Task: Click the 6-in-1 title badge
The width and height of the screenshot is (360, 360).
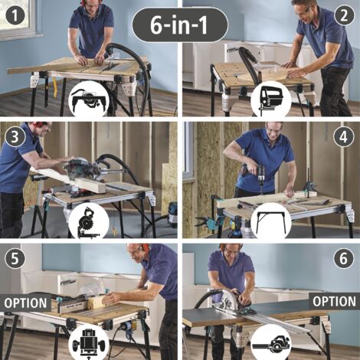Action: tap(180, 25)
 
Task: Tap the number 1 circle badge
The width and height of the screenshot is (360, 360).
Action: tap(15, 15)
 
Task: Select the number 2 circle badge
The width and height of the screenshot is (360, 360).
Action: tap(344, 15)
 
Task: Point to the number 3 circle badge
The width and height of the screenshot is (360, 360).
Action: tap(15, 136)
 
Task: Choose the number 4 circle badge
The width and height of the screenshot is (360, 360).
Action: tap(344, 136)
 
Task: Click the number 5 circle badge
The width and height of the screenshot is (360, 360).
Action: tap(15, 258)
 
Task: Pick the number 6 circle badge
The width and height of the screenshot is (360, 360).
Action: tap(344, 258)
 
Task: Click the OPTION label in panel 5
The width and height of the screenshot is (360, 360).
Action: tap(25, 303)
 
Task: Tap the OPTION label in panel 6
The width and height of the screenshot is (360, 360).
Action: tap(335, 301)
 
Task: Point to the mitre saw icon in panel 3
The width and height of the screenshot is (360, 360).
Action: tap(89, 221)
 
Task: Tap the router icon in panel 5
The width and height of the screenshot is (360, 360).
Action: tap(89, 342)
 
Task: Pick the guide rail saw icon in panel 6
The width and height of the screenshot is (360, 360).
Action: tap(271, 342)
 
